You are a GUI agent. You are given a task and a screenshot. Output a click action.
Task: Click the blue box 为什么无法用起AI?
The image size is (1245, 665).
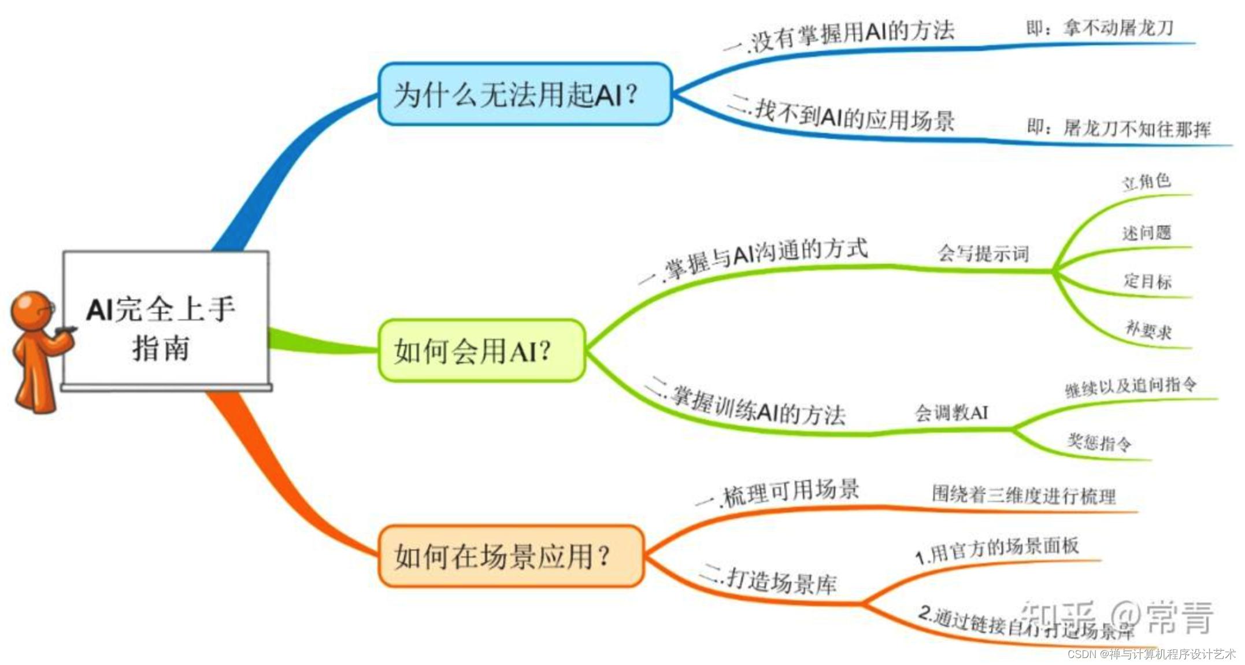pyautogui.click(x=524, y=94)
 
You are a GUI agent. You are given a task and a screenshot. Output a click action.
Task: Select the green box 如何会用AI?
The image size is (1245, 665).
pyautogui.click(x=481, y=350)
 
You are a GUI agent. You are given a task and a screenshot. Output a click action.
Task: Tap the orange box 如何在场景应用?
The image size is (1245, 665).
pyautogui.click(x=510, y=556)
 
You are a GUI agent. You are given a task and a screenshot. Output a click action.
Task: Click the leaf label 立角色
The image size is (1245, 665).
pyautogui.click(x=1146, y=182)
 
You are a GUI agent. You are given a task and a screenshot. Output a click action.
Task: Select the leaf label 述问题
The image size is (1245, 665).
pyautogui.click(x=1147, y=233)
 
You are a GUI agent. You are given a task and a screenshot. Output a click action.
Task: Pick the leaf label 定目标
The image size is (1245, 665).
pyautogui.click(x=1147, y=281)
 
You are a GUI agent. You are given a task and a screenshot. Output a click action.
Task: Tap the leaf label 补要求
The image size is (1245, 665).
pyautogui.click(x=1148, y=330)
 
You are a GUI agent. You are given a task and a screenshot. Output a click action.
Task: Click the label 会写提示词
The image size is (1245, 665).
pyautogui.click(x=983, y=253)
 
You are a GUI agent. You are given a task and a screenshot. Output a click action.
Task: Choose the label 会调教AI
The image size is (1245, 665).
pyautogui.click(x=951, y=413)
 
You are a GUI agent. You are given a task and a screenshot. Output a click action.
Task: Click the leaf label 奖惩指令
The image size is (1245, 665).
pyautogui.click(x=1099, y=443)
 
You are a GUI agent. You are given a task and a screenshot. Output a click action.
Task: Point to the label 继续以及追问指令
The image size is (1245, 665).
pyautogui.click(x=1131, y=386)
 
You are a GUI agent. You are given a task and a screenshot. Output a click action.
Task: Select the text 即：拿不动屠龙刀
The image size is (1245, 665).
pyautogui.click(x=1099, y=28)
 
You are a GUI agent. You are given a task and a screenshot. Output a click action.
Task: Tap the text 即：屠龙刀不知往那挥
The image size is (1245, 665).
pyautogui.click(x=1118, y=128)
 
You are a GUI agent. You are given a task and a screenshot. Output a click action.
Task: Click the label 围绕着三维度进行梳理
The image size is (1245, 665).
pyautogui.click(x=1024, y=495)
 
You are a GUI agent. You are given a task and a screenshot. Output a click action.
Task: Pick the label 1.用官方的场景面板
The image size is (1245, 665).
pyautogui.click(x=997, y=549)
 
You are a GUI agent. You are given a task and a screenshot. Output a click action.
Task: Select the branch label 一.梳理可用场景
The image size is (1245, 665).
pyautogui.click(x=778, y=493)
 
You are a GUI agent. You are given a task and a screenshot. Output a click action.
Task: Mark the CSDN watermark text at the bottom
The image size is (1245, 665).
pyautogui.click(x=1151, y=654)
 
